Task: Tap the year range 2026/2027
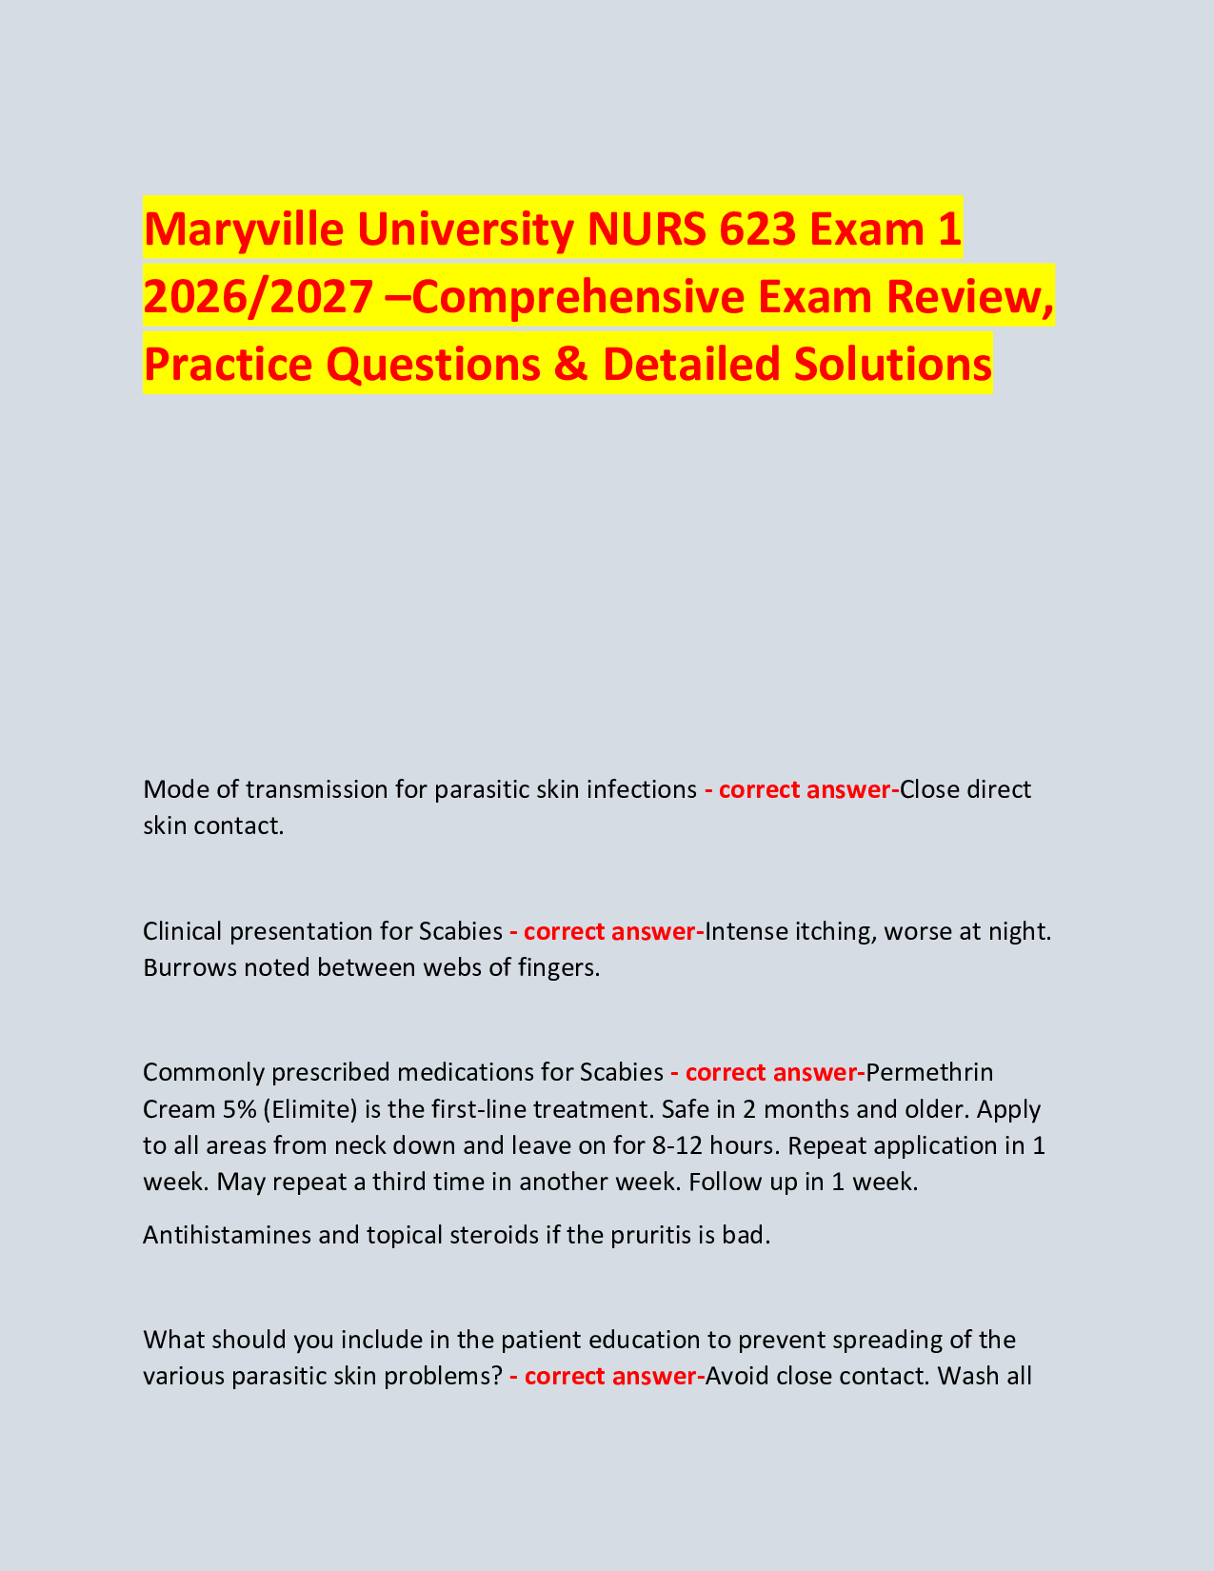(x=256, y=297)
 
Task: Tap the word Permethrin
(x=930, y=1072)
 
